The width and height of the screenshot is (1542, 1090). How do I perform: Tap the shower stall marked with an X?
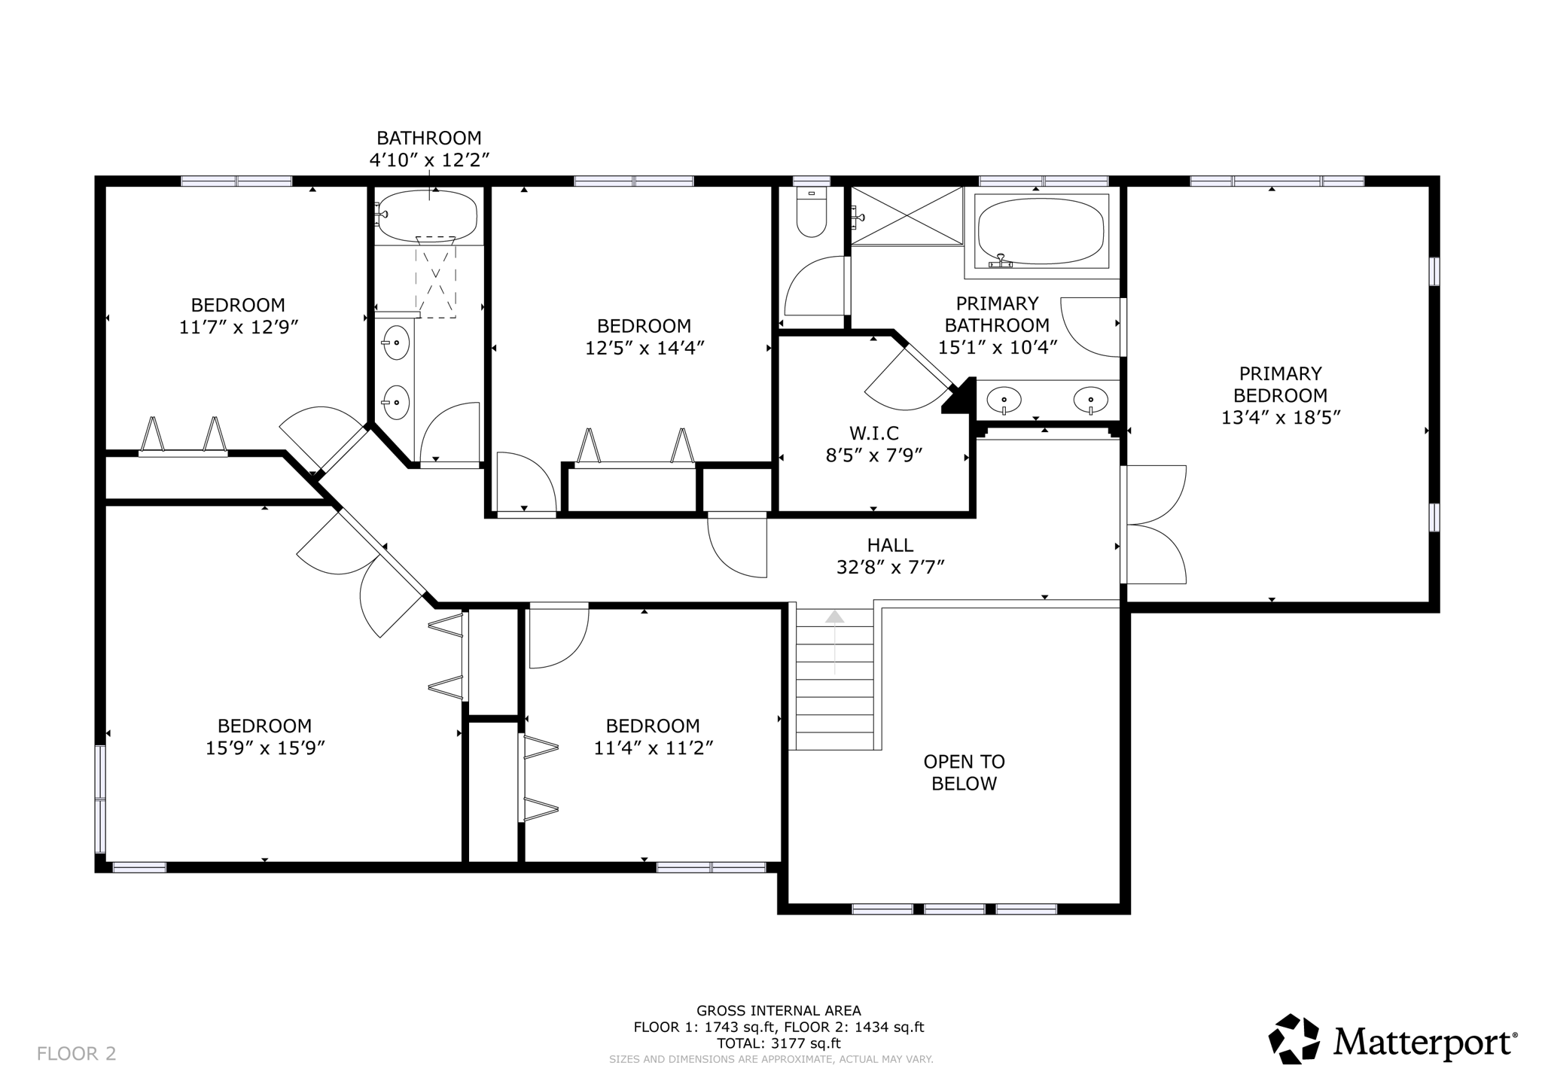click(907, 216)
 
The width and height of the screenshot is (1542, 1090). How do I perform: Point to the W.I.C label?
click(873, 434)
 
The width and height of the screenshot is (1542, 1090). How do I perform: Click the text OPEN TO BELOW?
click(964, 772)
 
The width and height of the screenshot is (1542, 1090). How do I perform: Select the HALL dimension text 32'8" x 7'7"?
click(890, 568)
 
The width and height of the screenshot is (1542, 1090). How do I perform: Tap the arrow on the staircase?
click(834, 618)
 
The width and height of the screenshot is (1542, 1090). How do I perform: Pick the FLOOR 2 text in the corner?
click(77, 1054)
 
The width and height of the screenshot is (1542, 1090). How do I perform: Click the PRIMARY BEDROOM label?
click(1280, 385)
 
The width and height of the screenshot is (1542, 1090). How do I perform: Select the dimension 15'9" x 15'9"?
click(265, 748)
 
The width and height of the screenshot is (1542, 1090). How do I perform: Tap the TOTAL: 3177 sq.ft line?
click(779, 1043)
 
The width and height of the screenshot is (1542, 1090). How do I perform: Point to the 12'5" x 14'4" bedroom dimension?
click(645, 348)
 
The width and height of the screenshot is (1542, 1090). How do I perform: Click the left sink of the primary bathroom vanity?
click(1004, 399)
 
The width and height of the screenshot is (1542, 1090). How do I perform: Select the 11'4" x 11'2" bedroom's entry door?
click(557, 636)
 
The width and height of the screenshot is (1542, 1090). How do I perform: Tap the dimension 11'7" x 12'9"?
click(239, 327)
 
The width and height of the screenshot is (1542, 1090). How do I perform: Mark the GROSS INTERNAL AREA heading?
click(779, 1011)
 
